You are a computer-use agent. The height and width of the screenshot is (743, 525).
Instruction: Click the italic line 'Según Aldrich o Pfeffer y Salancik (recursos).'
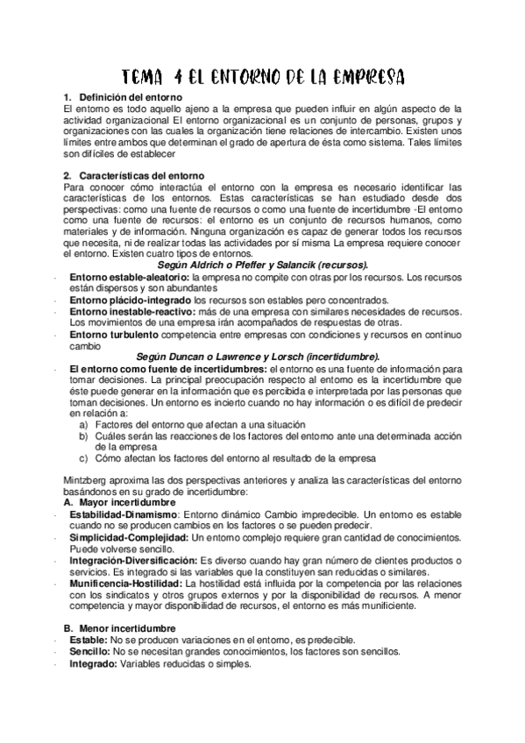click(x=263, y=264)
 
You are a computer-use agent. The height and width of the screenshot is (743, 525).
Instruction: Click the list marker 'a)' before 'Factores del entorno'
click(x=83, y=424)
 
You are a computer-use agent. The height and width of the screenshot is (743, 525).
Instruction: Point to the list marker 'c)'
click(x=83, y=457)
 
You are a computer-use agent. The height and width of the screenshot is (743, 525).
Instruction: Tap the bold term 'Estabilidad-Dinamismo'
click(x=123, y=515)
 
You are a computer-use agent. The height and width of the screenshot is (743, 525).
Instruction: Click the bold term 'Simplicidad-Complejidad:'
click(x=129, y=536)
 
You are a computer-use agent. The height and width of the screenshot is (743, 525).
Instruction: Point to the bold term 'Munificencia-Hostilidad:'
click(x=125, y=583)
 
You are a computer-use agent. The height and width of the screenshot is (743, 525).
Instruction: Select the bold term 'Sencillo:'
click(x=90, y=651)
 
